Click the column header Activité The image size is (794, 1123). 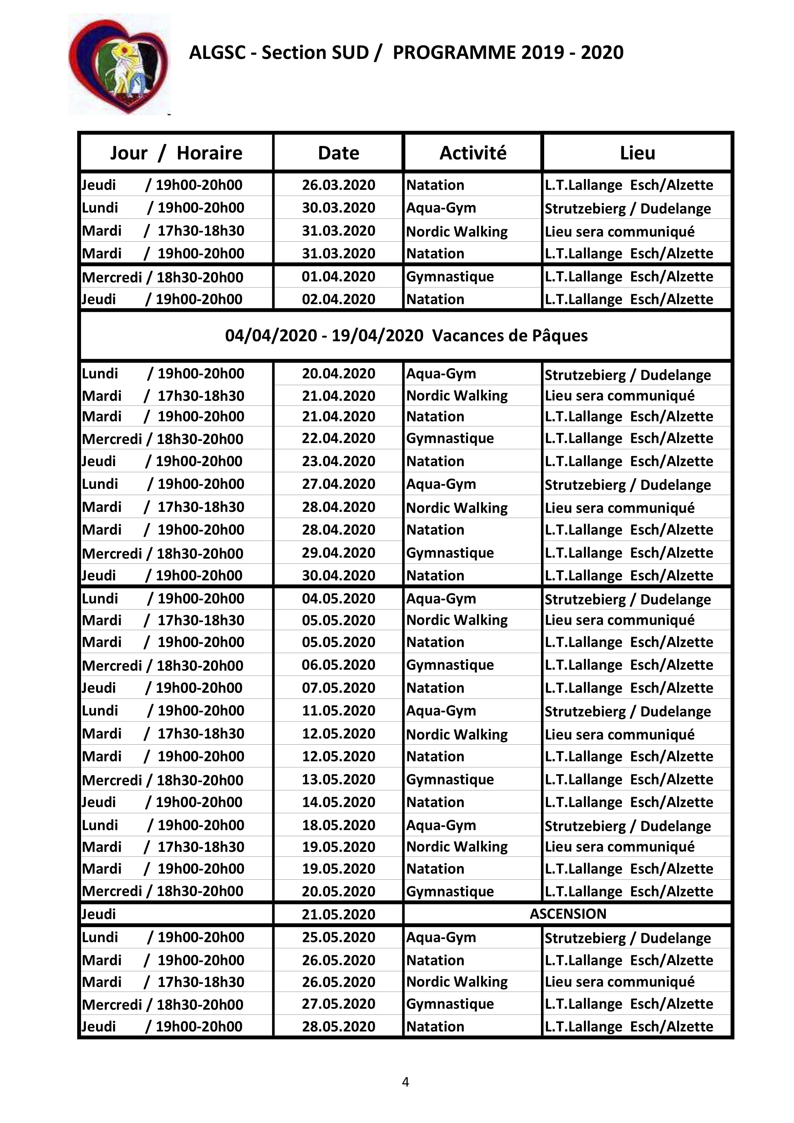pyautogui.click(x=472, y=153)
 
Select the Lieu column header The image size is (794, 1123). pyautogui.click(x=637, y=153)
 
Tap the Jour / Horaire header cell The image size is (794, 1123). pyautogui.click(x=176, y=153)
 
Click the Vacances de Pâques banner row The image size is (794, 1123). pyautogui.click(x=406, y=335)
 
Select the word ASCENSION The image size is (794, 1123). pyautogui.click(x=568, y=914)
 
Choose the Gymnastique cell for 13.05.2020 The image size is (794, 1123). pyautogui.click(x=450, y=779)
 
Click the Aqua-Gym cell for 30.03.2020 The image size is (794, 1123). pyautogui.click(x=441, y=208)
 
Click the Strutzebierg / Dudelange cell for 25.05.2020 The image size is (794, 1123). pyautogui.click(x=627, y=938)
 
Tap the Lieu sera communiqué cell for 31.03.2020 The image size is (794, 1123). pyautogui.click(x=619, y=231)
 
